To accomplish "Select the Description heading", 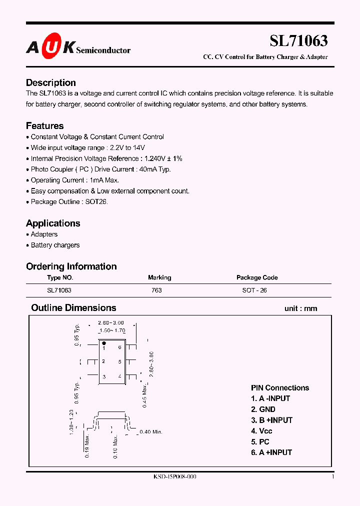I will point(51,82).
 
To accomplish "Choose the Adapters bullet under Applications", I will point(44,234).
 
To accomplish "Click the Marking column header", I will point(159,277).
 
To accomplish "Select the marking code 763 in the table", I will point(156,290).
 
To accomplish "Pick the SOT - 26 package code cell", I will point(254,290).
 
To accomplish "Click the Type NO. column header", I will point(60,277).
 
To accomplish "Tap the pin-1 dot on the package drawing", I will point(103,343).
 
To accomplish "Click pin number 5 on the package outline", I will point(119,361).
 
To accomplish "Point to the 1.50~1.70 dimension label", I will point(112,330).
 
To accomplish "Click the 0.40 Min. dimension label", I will point(151,431).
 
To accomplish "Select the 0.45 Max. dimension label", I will point(144,395).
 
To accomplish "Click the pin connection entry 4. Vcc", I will point(261,431).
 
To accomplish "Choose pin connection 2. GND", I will point(263,409).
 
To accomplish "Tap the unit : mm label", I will point(300,308).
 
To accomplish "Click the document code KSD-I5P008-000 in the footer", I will point(175,477).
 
